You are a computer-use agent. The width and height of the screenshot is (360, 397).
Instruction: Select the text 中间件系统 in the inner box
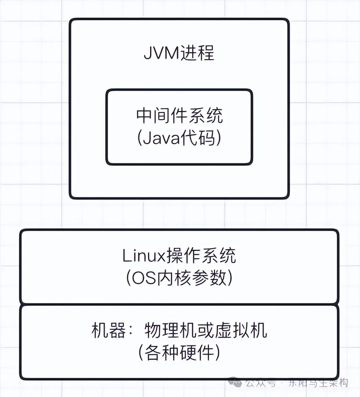(180, 116)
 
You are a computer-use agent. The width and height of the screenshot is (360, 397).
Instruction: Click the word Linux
(143, 256)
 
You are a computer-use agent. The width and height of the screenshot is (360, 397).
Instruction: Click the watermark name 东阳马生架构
(318, 383)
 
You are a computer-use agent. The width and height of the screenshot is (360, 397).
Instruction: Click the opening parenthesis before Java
(140, 139)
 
